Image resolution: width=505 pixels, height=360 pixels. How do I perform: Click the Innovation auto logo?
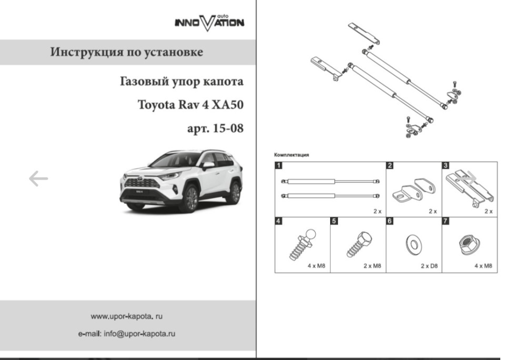[209, 22]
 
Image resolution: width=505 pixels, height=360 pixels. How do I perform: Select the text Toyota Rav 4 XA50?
[190, 105]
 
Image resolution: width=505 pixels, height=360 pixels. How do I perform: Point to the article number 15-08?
[228, 128]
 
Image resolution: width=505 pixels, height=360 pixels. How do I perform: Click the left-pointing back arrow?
[38, 179]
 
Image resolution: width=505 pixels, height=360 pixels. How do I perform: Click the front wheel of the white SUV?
[187, 199]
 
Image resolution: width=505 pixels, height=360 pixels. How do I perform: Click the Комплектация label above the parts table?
[291, 155]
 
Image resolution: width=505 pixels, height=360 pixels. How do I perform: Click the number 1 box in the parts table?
[279, 166]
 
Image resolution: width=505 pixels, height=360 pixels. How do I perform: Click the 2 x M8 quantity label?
[372, 266]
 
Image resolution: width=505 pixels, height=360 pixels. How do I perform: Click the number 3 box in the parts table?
[446, 166]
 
